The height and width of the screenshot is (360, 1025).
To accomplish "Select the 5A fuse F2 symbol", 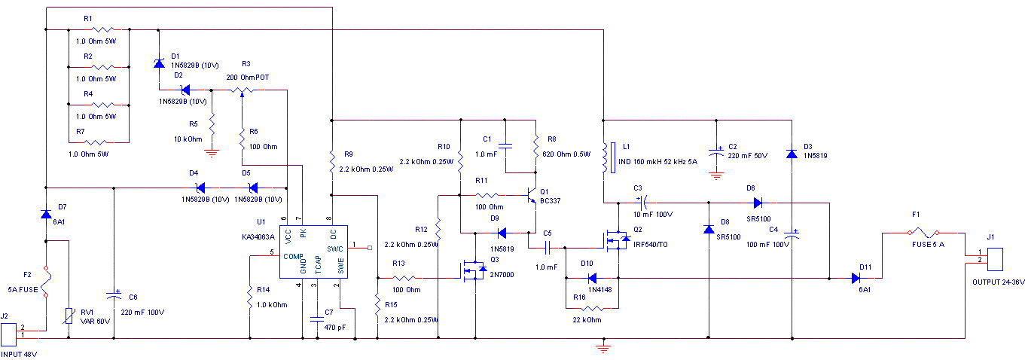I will tap(46, 282).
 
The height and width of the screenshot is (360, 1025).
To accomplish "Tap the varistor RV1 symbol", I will tap(69, 317).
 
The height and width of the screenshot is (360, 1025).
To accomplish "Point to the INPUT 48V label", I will tap(19, 353).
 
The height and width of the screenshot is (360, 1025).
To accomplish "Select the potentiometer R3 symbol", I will tap(242, 90).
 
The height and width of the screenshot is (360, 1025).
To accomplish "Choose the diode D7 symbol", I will tap(46, 214).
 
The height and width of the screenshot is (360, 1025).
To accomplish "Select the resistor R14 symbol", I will tap(249, 299).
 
